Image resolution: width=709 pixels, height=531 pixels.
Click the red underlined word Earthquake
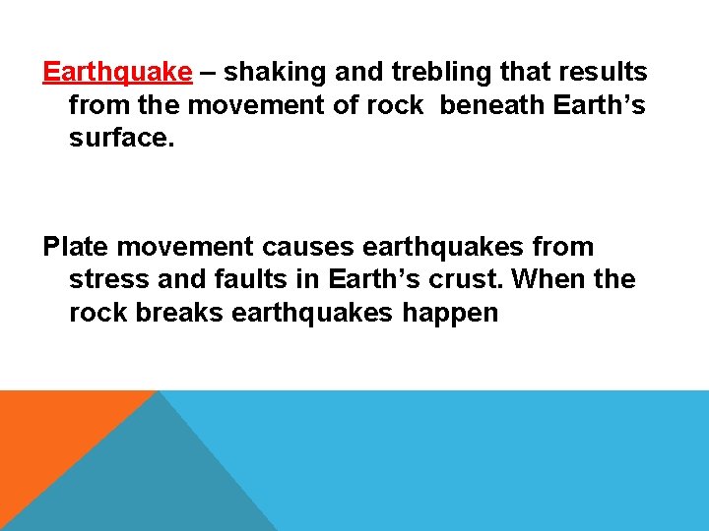click(x=117, y=73)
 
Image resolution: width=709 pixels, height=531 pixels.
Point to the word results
click(x=602, y=73)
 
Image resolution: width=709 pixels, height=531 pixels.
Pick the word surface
click(x=121, y=140)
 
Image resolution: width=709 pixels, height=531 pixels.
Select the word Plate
click(x=72, y=247)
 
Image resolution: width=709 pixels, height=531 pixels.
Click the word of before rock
click(x=347, y=106)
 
